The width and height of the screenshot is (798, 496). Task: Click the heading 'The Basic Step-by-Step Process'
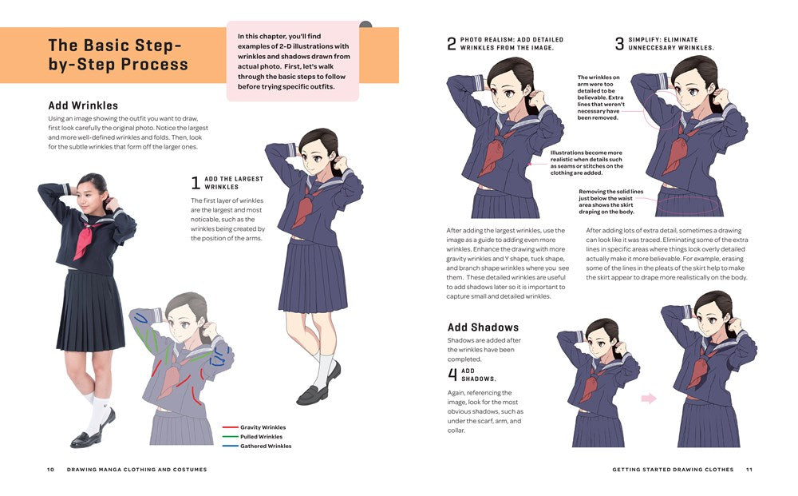coord(118,54)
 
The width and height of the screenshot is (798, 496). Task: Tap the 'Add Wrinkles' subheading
coord(83,105)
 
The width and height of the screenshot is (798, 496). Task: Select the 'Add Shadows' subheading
coord(483,327)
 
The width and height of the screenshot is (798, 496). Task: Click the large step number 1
coord(196,183)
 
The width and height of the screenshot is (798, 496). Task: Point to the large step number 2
coord(452,44)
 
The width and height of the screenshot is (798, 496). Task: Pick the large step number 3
coord(619,44)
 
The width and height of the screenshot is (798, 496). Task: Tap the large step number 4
coord(452,375)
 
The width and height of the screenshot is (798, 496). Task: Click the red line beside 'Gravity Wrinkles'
coord(230,427)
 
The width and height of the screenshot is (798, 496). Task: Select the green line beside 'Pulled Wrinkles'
coord(230,437)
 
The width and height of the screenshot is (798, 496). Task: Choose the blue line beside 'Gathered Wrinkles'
coord(230,446)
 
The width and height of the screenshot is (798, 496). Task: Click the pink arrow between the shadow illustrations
coord(648,398)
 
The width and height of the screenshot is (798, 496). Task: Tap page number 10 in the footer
coord(50,470)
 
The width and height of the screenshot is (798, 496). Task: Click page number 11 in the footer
coord(749,470)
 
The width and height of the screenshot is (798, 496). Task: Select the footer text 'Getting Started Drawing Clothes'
coord(673,470)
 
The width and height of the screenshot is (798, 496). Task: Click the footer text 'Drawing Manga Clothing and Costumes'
coord(136,470)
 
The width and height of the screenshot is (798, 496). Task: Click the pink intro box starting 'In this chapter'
coord(292,61)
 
